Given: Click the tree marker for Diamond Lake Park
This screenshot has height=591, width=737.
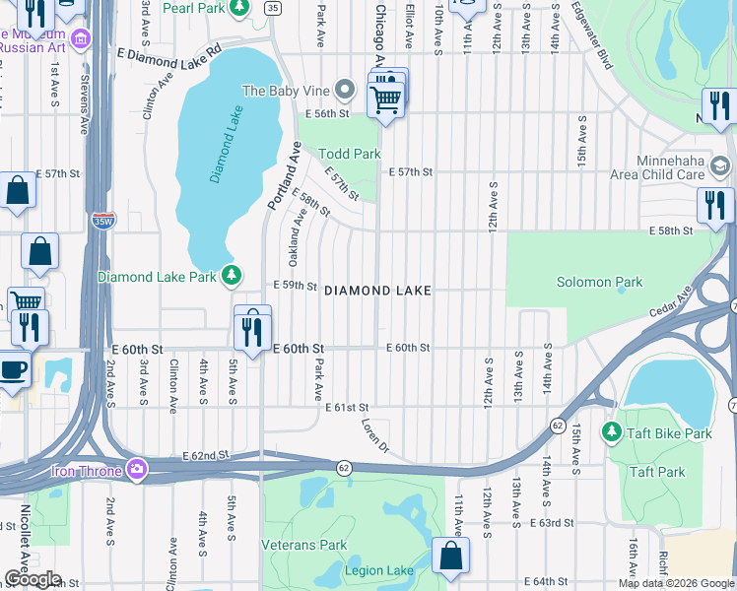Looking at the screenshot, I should point(232,276).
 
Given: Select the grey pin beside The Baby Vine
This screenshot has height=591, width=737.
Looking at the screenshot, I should point(344,91).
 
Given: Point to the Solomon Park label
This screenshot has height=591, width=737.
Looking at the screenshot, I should point(599,283).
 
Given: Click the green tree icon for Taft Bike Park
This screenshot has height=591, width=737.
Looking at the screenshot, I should point(612,432).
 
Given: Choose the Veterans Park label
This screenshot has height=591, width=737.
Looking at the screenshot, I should point(303,545).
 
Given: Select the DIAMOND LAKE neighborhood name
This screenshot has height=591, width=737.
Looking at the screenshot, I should point(377,291).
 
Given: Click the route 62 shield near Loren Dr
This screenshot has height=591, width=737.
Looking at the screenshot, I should point(343,468).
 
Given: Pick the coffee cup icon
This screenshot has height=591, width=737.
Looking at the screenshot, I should point(13,370).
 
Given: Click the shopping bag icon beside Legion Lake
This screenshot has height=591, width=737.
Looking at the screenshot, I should point(450,556).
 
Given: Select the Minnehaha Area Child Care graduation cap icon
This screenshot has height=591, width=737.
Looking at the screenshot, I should point(719,165).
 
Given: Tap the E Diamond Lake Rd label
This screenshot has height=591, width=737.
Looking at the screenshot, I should point(169,52).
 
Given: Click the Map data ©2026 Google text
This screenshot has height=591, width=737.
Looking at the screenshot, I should point(675,583).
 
